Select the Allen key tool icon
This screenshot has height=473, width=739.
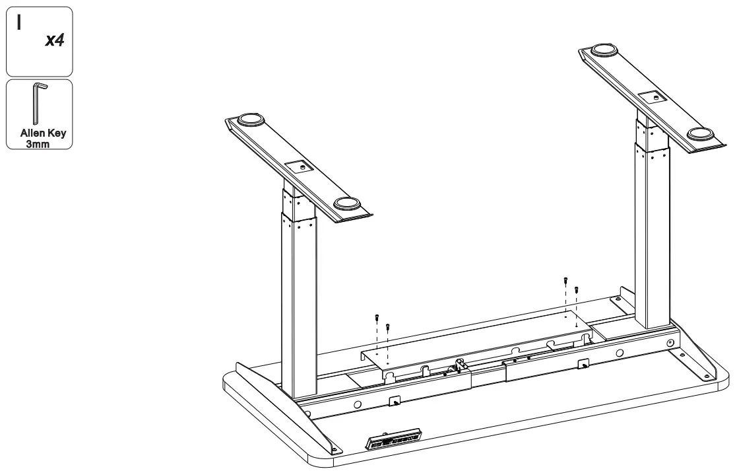38,102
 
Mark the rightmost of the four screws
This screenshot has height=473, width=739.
577,289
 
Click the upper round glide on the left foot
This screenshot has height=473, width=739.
250,120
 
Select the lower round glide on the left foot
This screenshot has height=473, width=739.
347,203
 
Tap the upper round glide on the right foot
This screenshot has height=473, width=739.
603,50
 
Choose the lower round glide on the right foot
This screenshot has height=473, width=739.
700,134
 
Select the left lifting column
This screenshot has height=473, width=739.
298,297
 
